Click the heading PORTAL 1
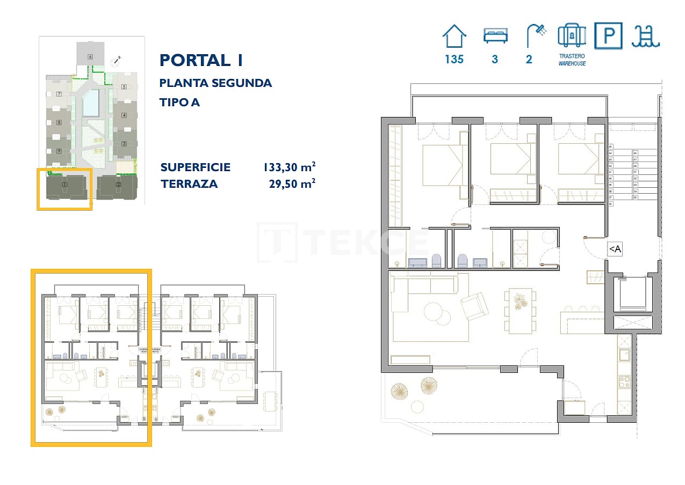coord(201,60)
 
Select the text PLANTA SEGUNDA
coord(215,83)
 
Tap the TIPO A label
coord(179,102)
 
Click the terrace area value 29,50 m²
coord(291,184)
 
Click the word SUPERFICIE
coord(196,167)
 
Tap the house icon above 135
coord(454,37)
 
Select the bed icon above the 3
coord(495,36)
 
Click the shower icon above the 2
coord(536,36)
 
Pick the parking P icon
coord(608,36)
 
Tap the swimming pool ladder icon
coord(646,36)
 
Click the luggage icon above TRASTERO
coord(572,36)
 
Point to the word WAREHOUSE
coord(572,63)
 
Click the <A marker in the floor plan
coord(615,249)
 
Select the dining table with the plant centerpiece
coord(520,311)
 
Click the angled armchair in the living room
coord(475,306)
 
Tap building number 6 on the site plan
coord(90,56)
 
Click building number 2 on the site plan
coord(118,185)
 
